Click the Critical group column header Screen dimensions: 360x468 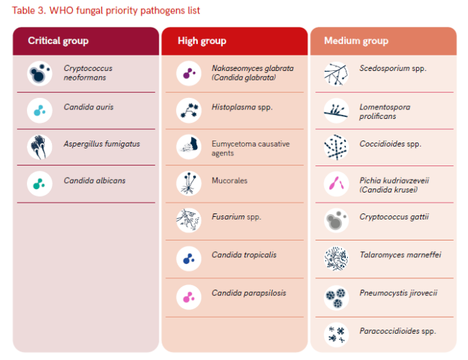58,41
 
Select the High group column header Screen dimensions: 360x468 202,41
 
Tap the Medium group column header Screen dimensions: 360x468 356,41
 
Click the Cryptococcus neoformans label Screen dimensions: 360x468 88,73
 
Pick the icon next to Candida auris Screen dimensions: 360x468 40,110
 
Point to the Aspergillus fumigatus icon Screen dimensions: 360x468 40,147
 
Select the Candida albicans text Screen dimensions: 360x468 95,180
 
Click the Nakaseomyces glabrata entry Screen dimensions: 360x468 242,72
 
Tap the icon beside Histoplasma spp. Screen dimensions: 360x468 188,110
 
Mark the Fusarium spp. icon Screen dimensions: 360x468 188,220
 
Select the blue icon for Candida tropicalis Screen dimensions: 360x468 188,258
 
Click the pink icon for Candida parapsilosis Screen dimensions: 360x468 188,296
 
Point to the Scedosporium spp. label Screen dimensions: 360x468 384,68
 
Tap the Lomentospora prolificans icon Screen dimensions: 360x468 336,111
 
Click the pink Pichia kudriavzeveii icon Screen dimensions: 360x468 336,184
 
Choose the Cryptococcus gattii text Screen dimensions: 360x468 385,217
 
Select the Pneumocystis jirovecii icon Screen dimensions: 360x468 336,296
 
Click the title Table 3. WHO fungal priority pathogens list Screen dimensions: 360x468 106,11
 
